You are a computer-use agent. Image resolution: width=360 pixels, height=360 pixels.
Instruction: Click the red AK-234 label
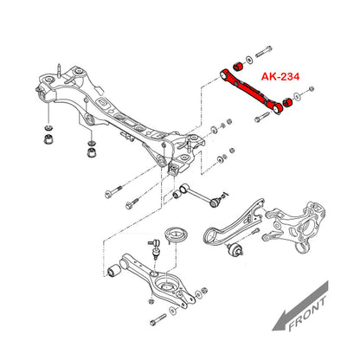point(280,76)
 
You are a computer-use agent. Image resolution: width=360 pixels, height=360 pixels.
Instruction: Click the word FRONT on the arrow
point(307,314)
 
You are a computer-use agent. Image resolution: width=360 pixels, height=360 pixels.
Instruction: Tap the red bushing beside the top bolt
point(238,66)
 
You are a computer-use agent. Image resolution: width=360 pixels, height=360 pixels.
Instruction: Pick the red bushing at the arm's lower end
point(287,102)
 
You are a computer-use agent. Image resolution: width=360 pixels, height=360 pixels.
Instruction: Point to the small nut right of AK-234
point(311,88)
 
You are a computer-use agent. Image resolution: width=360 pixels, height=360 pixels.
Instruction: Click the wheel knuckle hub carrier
point(296,226)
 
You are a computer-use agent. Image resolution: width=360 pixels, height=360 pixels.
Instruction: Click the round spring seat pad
point(177,235)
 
